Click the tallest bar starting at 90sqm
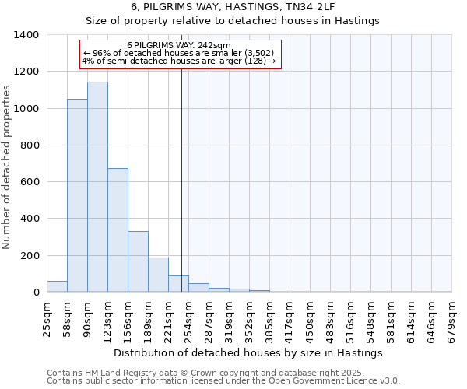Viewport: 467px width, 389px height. tap(97, 187)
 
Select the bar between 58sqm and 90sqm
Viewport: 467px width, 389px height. tap(77, 195)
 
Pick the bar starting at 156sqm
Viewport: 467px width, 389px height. tap(138, 261)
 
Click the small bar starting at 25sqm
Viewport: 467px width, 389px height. tap(57, 286)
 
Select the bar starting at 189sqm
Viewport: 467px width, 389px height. tap(158, 275)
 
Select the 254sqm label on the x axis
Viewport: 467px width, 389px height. tap(188, 319)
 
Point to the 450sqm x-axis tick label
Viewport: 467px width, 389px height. tap(310, 319)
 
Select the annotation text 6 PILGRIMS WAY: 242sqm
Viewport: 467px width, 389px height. tap(178, 45)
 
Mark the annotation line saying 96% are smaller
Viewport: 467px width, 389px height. tap(178, 53)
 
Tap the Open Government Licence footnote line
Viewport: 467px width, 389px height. tap(223, 380)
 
